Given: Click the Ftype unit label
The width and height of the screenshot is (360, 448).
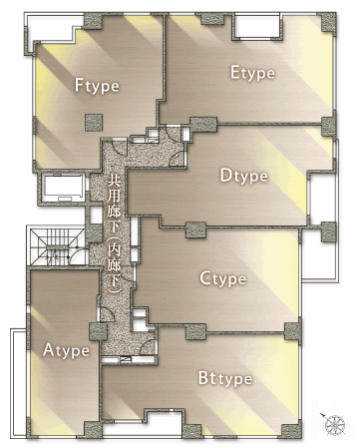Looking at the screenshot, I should [x=97, y=86].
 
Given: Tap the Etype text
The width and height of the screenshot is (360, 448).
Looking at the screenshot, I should [x=253, y=72].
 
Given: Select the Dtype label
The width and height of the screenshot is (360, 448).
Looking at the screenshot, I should [x=243, y=177].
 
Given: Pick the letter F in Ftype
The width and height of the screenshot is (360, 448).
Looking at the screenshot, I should [x=80, y=85].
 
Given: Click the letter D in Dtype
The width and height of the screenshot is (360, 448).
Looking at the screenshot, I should [x=225, y=176].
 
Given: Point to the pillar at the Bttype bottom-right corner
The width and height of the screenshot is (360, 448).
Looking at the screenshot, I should [x=288, y=432].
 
